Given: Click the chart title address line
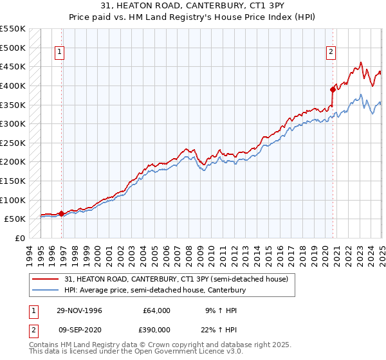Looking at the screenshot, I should [x=192, y=5].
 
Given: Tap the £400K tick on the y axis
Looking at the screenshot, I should [x=13, y=85].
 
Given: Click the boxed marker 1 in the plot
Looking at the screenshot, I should [x=59, y=53].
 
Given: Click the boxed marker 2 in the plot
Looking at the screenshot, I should [x=331, y=53].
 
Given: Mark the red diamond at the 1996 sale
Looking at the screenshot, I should [x=62, y=213].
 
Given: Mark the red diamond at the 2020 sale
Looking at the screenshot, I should [x=333, y=89].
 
